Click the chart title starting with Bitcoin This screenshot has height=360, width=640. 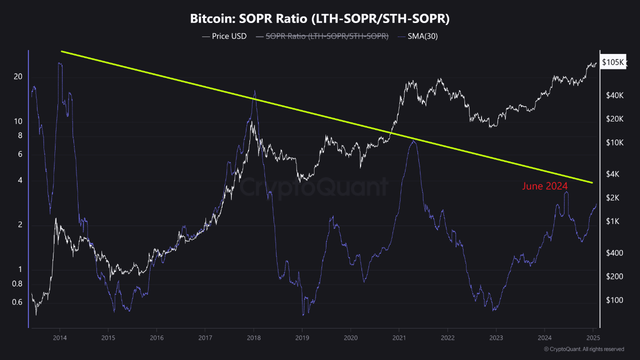(320, 19)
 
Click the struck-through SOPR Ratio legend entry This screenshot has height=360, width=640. (322, 36)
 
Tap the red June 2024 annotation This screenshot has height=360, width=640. (545, 186)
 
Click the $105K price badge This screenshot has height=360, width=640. (613, 62)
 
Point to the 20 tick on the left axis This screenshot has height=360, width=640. (18, 76)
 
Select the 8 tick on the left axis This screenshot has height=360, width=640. (20, 135)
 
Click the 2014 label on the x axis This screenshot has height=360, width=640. (59, 337)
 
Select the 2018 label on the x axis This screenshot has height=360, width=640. (253, 337)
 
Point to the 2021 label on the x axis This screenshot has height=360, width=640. (399, 337)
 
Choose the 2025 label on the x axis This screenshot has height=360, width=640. (592, 337)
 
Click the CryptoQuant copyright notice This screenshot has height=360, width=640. (583, 349)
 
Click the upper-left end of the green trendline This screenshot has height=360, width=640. (61, 51)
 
